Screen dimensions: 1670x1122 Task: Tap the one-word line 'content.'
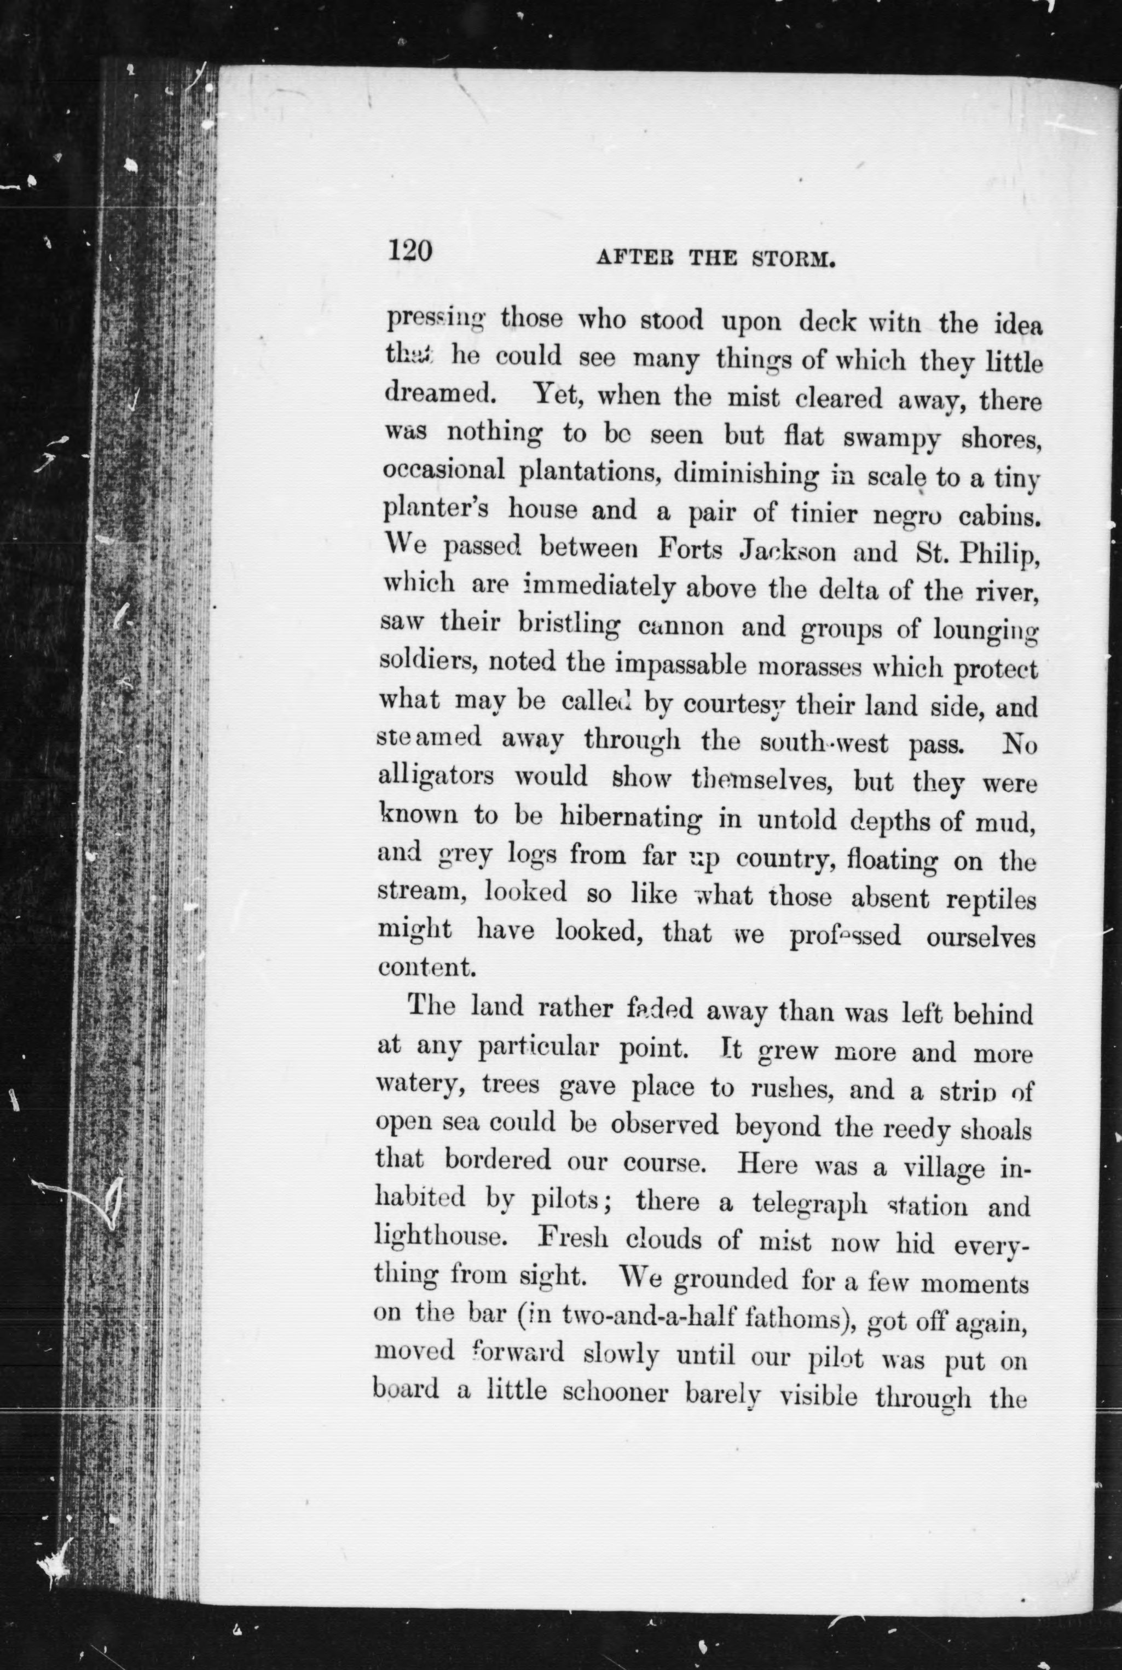[x=426, y=968]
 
